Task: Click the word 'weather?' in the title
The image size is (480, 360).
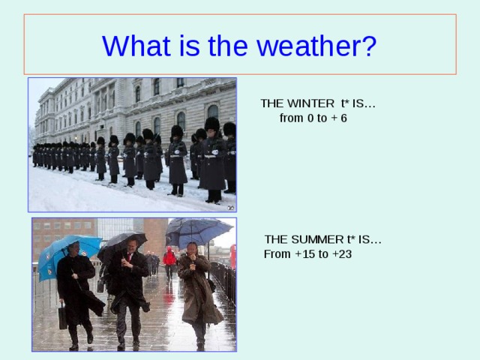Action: coord(316,46)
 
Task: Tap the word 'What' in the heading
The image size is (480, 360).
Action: coord(136,45)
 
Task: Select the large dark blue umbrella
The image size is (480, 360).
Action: coord(199,232)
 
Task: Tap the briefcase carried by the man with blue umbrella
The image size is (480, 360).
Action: coord(63,316)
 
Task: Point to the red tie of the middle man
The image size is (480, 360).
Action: coord(130,256)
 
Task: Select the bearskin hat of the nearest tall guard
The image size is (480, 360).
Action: coord(212,124)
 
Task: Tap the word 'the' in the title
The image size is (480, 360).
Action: coord(228,45)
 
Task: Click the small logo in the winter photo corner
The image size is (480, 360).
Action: coord(231,208)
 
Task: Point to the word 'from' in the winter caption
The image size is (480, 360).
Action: coord(291,118)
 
